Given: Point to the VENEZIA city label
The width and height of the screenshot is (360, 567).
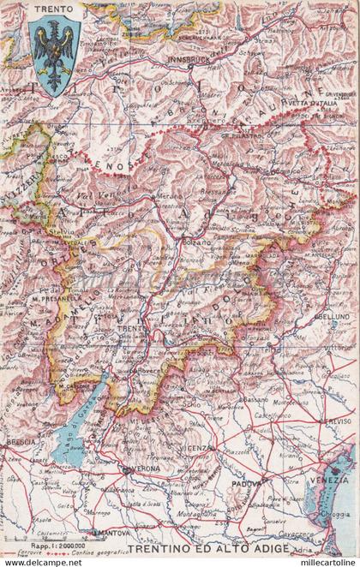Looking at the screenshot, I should point(329,479).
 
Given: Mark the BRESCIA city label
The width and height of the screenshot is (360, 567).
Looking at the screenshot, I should point(21,441).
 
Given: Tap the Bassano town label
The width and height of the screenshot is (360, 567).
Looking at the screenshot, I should point(255,400).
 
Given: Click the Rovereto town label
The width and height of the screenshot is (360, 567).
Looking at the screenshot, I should point(154,371).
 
